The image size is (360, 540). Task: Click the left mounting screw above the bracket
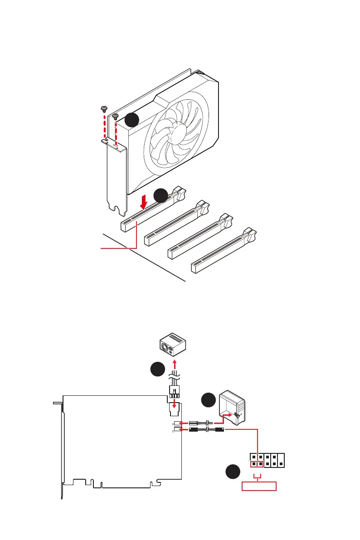click(x=104, y=108)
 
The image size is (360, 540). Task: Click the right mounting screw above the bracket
click(x=116, y=116)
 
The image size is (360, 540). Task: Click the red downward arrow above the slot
click(x=143, y=201)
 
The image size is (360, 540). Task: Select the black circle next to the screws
click(x=131, y=120)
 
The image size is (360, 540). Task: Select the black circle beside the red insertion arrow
click(x=161, y=195)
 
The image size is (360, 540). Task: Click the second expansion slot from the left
click(x=177, y=224)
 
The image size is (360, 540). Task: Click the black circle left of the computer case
click(x=208, y=400)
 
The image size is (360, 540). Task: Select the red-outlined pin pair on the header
click(x=257, y=464)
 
